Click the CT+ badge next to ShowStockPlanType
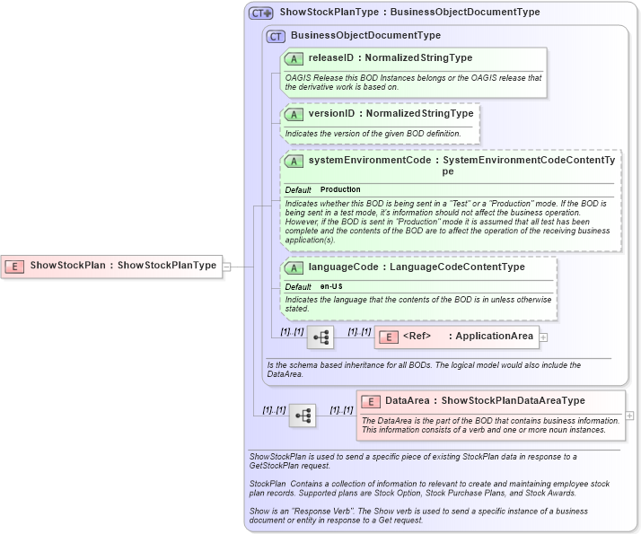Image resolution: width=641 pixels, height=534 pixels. (261, 13)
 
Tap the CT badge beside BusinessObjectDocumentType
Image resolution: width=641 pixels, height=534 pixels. (277, 36)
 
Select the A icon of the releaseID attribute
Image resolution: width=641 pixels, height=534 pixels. (294, 58)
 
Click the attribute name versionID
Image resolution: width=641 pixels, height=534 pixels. (331, 114)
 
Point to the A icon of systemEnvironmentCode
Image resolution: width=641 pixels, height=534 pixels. (294, 161)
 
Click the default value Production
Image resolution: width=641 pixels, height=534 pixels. (340, 190)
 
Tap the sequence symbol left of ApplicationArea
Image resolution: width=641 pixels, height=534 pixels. (320, 337)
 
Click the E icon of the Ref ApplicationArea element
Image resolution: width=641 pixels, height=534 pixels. (389, 337)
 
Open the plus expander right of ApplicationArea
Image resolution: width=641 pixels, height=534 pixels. (543, 337)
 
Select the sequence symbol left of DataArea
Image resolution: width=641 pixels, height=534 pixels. (302, 416)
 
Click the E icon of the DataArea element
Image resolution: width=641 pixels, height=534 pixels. (371, 401)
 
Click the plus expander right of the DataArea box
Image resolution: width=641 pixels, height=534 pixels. (629, 416)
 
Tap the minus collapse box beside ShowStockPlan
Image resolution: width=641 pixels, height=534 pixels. (227, 266)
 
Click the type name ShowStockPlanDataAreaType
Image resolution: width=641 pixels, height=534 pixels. (513, 401)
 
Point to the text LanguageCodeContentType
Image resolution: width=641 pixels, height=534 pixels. (477, 267)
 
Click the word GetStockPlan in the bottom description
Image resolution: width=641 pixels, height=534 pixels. (278, 466)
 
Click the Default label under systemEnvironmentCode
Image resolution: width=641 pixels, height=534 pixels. (298, 190)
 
